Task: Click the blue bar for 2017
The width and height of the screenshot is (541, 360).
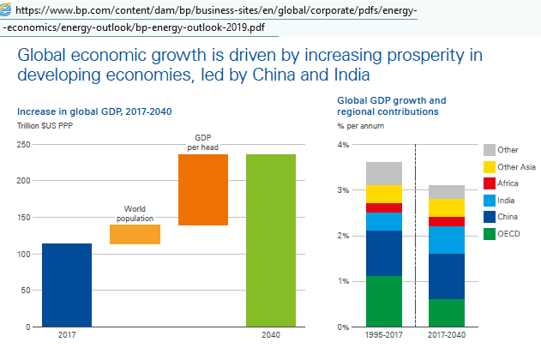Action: [x=67, y=285]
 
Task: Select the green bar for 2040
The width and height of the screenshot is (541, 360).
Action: [x=271, y=240]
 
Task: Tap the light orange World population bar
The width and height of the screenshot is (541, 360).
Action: [x=135, y=234]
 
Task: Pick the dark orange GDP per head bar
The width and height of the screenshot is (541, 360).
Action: [x=203, y=189]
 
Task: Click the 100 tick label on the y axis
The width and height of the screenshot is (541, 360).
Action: [x=21, y=255]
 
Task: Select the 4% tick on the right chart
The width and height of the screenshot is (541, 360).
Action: [x=343, y=145]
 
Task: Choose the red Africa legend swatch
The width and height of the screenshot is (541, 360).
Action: [x=490, y=183]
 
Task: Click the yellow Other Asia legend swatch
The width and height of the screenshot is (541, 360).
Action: [x=490, y=166]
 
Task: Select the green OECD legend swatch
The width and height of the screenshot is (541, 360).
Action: [x=490, y=232]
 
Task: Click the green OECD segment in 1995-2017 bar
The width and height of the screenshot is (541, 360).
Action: [x=383, y=301]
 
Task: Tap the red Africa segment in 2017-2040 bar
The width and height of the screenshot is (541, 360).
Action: [x=447, y=221]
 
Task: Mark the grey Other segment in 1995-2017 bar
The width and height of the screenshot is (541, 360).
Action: [x=383, y=172]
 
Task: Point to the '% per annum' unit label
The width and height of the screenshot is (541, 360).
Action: [x=360, y=127]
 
